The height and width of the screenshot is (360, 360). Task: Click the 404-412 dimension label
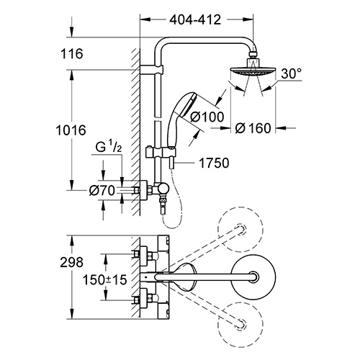pos(195,19)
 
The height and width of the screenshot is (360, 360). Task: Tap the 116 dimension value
pos(72,53)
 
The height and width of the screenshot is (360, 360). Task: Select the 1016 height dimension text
pos(71,130)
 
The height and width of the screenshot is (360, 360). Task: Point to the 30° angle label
pos(291,73)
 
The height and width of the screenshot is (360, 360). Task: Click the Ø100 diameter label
pos(207,117)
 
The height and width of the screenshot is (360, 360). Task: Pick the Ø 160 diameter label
pos(253,128)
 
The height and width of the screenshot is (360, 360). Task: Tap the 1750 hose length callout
pos(214,163)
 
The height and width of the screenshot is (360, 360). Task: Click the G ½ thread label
pos(109,147)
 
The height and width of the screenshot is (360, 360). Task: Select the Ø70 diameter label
pos(102,191)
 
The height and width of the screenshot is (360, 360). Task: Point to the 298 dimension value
pos(71,262)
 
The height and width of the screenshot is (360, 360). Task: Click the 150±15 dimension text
pos(104,279)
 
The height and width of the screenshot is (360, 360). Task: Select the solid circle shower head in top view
pos(253,276)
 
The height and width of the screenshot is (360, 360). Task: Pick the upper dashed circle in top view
pos(240,229)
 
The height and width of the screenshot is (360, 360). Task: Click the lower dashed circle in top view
pos(240,324)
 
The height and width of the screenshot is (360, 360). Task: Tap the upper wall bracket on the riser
pos(152,70)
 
